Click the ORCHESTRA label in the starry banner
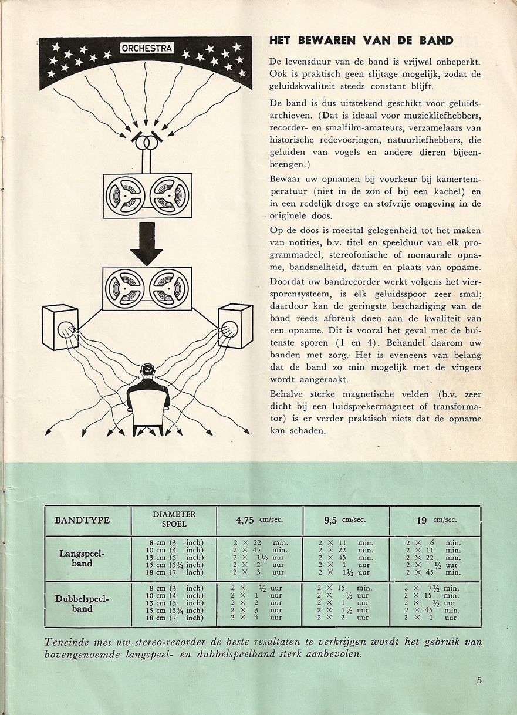pos(147,49)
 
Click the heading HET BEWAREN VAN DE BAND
pos(361,41)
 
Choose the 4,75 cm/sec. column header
pos(259,520)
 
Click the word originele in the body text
pos(292,217)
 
